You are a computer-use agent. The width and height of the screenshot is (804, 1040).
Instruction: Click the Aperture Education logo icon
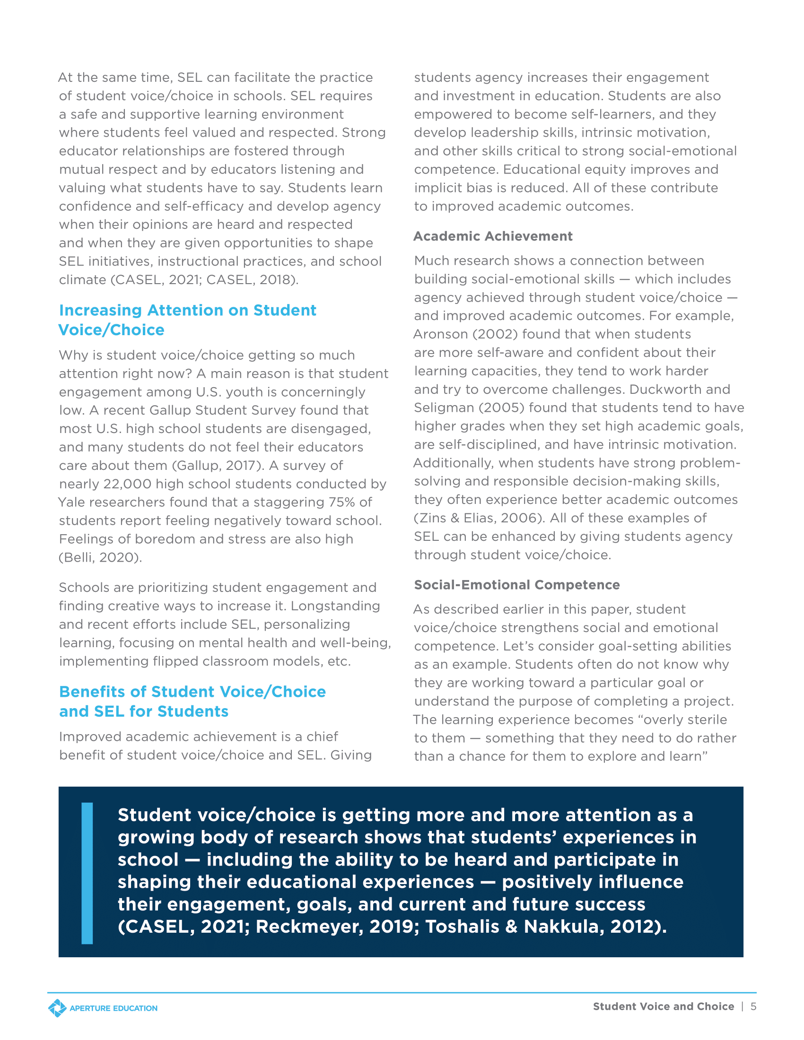coord(57,1008)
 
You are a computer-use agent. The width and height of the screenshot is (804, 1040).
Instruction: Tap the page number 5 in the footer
coord(753,1006)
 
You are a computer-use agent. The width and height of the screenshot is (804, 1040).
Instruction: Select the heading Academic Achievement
coord(492,236)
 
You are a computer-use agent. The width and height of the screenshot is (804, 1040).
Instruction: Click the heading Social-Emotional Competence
coord(516,585)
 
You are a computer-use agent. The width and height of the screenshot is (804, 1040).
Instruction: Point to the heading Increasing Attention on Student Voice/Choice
coord(187,320)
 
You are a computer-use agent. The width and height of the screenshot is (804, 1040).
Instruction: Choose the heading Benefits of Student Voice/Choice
coord(192,692)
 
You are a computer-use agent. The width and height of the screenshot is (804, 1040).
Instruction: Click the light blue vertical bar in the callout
coord(87,873)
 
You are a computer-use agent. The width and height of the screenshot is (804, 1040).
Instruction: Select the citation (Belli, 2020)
coord(100,558)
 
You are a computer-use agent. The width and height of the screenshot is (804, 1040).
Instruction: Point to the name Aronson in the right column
coord(440,334)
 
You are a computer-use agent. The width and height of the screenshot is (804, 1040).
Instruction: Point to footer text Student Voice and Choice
coord(663,1006)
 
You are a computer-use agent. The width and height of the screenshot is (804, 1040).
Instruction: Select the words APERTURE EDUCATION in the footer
coord(114,1009)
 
